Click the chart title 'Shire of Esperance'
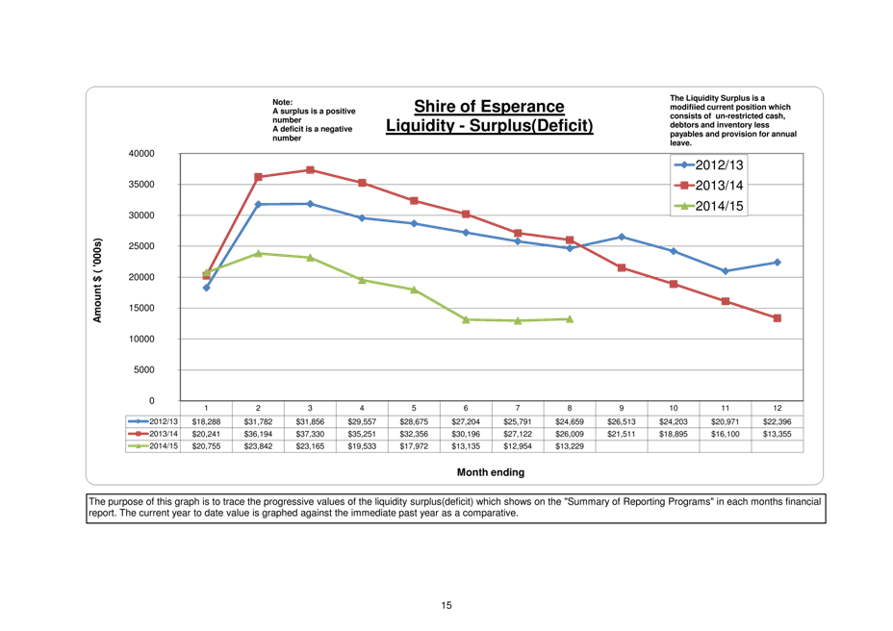click(489, 107)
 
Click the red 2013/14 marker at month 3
click(310, 170)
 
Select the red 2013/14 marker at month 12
click(778, 318)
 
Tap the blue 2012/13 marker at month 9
click(622, 237)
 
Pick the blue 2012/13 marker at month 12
click(778, 262)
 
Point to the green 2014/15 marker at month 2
click(258, 253)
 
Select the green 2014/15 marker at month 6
click(466, 319)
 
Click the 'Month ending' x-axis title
click(491, 472)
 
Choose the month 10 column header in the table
click(674, 409)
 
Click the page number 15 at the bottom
click(446, 606)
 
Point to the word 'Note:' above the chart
click(283, 101)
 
